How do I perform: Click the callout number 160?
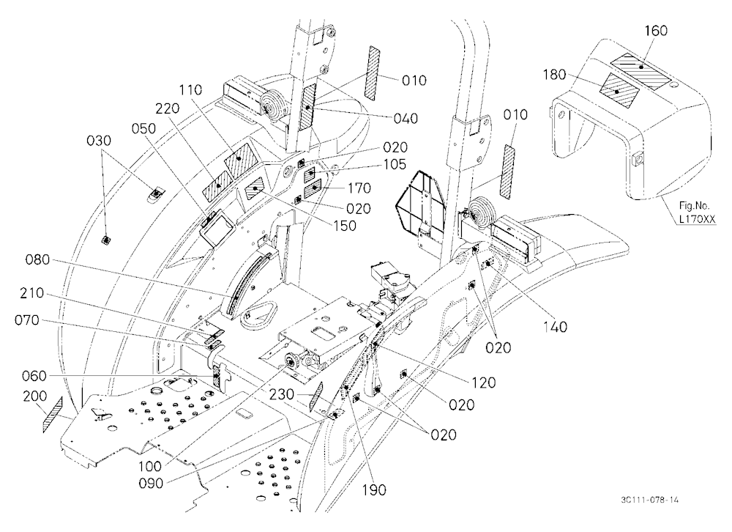[x=656, y=31]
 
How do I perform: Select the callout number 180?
[x=555, y=75]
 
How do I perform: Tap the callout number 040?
[x=406, y=119]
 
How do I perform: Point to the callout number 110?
[x=190, y=89]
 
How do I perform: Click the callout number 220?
[x=168, y=108]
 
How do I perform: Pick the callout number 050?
[x=143, y=128]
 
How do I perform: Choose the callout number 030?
[x=99, y=140]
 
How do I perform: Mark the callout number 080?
[x=37, y=260]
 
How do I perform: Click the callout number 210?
[x=31, y=294]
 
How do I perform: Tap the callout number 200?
[x=35, y=396]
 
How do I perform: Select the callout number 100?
[x=150, y=466]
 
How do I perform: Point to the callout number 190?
[x=374, y=490]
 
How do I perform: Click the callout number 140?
[x=555, y=326]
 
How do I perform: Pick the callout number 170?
[x=359, y=188]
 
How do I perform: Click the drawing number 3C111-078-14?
[x=650, y=500]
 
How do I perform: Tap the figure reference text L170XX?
[x=698, y=218]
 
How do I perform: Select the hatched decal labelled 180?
[x=618, y=91]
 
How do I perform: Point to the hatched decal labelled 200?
[x=53, y=415]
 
